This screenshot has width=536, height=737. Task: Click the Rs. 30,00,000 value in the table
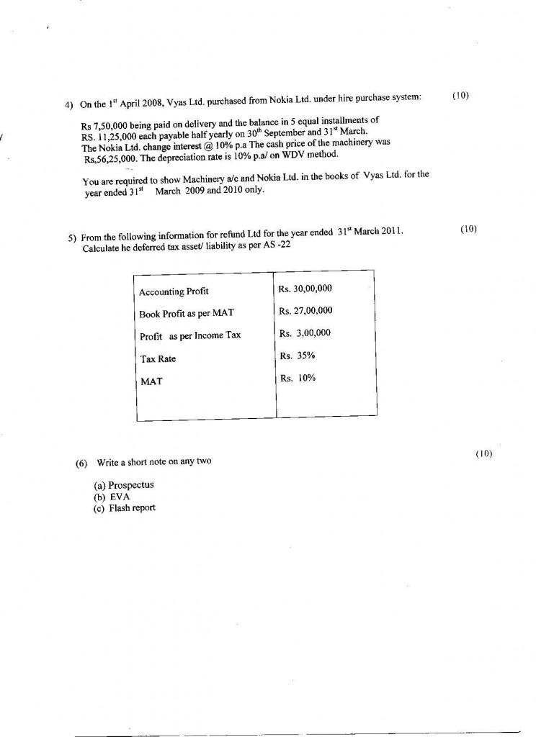point(305,289)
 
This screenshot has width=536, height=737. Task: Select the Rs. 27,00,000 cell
point(305,311)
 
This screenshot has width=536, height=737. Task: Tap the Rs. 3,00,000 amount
point(305,333)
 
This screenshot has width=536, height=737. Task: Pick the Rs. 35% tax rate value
point(297,356)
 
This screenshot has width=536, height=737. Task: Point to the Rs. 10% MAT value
point(297,378)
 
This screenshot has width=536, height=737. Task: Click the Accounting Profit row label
point(174,291)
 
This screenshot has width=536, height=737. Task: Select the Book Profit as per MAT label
point(187,314)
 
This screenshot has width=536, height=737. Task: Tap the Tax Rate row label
point(157,359)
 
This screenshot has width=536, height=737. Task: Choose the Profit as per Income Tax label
point(189,336)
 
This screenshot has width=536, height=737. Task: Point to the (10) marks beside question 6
point(483,454)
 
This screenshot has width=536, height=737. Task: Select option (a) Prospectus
point(124,485)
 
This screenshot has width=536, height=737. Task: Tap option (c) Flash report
point(125,508)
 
